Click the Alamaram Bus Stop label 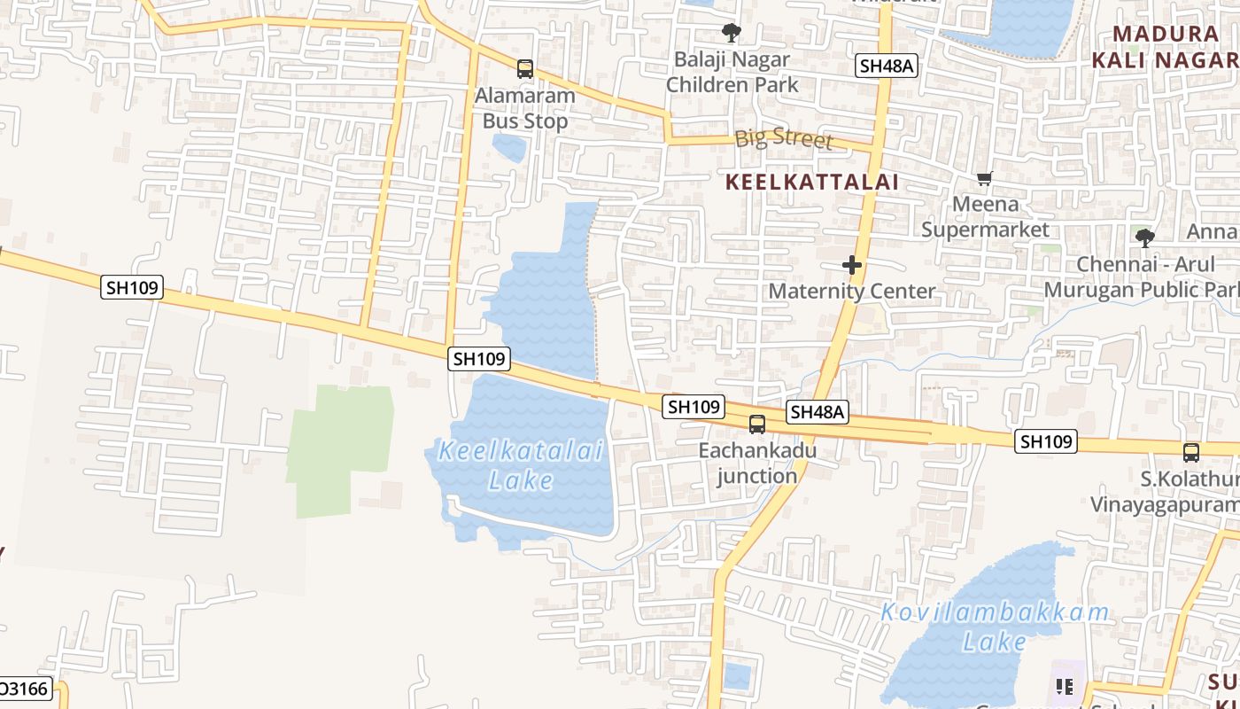pyautogui.click(x=525, y=108)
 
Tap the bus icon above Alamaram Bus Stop pyautogui.click(x=525, y=68)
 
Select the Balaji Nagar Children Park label pyautogui.click(x=732, y=73)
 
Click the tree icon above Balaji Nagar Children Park pyautogui.click(x=732, y=34)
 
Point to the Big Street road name pyautogui.click(x=784, y=138)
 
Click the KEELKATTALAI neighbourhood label pyautogui.click(x=812, y=183)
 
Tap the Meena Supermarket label pyautogui.click(x=985, y=217)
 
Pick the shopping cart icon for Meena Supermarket pyautogui.click(x=984, y=178)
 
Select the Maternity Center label pyautogui.click(x=851, y=291)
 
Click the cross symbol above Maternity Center pyautogui.click(x=852, y=265)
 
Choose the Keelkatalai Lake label pyautogui.click(x=522, y=465)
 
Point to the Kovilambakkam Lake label pyautogui.click(x=995, y=627)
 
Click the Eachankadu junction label pyautogui.click(x=757, y=463)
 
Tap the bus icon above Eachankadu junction pyautogui.click(x=757, y=424)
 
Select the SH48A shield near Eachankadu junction pyautogui.click(x=818, y=412)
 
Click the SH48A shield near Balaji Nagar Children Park pyautogui.click(x=886, y=66)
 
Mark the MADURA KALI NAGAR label pyautogui.click(x=1166, y=47)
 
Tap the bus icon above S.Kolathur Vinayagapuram pyautogui.click(x=1191, y=452)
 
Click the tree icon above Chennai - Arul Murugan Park pyautogui.click(x=1144, y=238)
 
